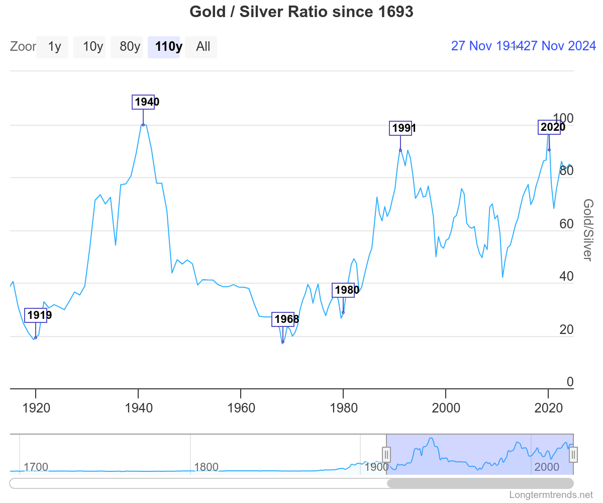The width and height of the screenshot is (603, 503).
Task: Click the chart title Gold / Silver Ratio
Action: [301, 12]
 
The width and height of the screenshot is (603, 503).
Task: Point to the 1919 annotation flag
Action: [36, 315]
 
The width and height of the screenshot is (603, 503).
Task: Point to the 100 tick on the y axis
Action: [566, 119]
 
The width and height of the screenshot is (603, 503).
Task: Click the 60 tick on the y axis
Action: [566, 224]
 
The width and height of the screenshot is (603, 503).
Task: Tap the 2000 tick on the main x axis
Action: [446, 407]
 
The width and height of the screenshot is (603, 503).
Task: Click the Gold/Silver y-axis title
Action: [588, 230]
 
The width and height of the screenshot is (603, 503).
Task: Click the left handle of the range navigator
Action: [386, 455]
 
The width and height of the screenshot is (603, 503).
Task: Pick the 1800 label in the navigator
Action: [206, 467]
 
